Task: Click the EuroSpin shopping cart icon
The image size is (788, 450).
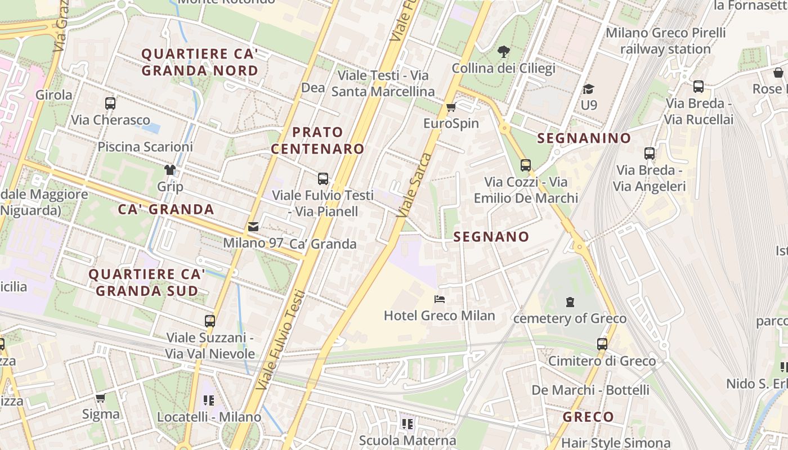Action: point(450,107)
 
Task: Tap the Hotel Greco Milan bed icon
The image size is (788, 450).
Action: point(440,299)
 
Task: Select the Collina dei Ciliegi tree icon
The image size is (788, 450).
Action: point(504,52)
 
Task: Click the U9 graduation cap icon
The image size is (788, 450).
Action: point(589,89)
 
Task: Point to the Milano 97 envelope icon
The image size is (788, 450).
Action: point(253,227)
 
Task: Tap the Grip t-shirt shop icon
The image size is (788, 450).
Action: point(170,170)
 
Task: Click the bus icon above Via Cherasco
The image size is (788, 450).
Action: point(110,103)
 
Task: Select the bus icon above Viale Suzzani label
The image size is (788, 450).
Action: point(210,321)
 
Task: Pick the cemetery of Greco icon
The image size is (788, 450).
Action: point(570,302)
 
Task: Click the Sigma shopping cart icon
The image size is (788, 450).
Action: point(101,398)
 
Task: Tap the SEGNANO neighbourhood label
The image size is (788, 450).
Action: point(491,237)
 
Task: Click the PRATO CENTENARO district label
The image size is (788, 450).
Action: point(317,141)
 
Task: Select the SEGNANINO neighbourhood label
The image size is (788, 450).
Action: point(584,138)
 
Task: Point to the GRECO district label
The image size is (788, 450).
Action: point(588,417)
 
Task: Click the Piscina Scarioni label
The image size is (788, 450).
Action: point(145,147)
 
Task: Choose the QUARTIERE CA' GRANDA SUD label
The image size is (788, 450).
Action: point(147,282)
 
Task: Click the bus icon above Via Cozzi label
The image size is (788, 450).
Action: point(526,165)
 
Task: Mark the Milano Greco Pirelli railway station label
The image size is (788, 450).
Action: point(666,41)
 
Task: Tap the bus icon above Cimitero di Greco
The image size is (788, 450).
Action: point(602,344)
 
